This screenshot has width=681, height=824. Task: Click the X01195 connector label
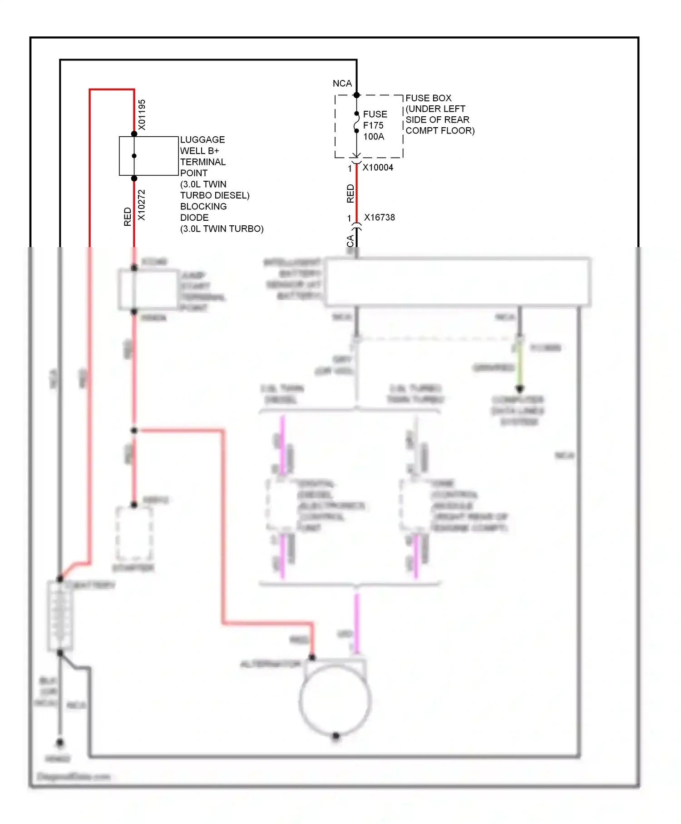coord(142,115)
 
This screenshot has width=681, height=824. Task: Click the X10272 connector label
coord(142,205)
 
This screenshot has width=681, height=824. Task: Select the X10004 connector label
coord(378,168)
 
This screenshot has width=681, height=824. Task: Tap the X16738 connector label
coord(380,218)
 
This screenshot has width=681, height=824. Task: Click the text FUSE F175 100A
coord(375,125)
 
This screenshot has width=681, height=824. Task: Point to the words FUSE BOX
coord(428,98)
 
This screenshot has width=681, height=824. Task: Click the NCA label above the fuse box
coord(342,84)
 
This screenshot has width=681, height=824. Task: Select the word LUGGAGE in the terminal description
coord(202,140)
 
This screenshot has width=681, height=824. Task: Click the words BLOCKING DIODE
coord(203,212)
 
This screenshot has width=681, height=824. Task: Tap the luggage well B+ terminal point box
coord(149,156)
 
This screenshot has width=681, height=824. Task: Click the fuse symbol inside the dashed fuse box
coord(356,122)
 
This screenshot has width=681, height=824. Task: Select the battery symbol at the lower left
coord(60,616)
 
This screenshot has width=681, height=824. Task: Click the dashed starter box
coord(134,534)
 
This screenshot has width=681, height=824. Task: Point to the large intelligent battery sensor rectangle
coord(458,282)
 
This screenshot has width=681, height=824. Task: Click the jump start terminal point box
coord(148,290)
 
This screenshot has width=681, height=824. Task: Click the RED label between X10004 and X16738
coord(350,194)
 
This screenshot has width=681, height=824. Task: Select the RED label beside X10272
coord(128,217)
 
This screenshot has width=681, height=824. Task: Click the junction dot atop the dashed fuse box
coord(356,95)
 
